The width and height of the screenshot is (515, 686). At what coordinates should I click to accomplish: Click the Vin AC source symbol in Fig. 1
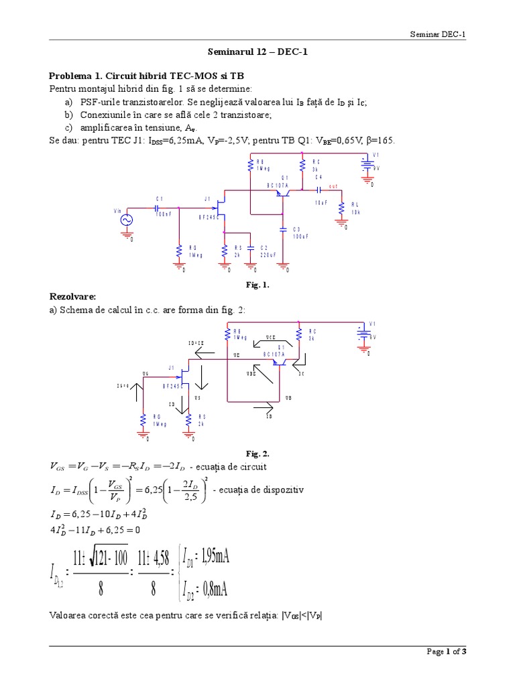click(126, 220)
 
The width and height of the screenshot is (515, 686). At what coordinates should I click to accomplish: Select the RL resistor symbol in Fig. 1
click(342, 209)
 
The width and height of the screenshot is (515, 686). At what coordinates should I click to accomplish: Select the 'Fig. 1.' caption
click(257, 284)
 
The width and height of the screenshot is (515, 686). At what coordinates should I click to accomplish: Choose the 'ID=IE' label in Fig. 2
click(196, 343)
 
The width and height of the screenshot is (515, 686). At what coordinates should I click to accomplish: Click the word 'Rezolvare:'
click(73, 295)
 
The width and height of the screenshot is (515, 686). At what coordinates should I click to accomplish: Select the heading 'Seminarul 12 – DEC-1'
click(257, 51)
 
